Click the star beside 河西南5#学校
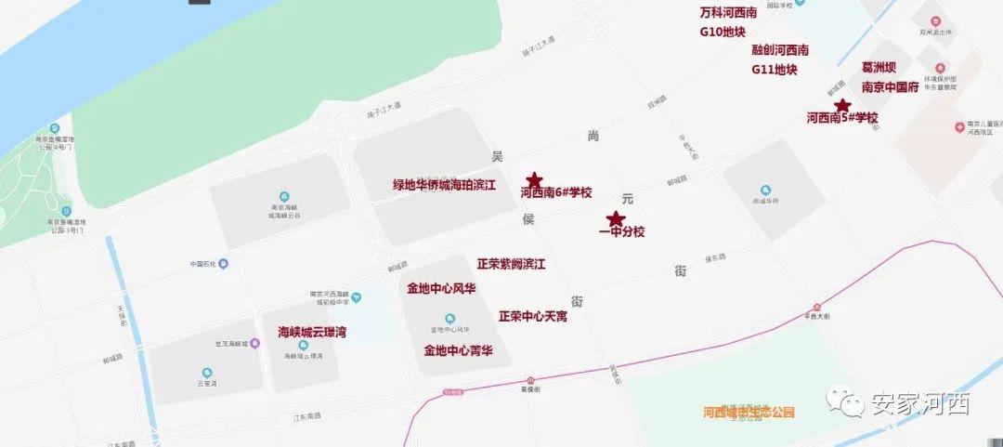(841, 106)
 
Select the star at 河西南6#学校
(534, 179)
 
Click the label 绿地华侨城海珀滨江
(444, 185)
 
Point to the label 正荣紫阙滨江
(511, 264)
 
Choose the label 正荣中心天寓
(533, 316)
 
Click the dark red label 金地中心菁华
(458, 350)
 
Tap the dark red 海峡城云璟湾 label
(312, 332)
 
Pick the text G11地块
(775, 69)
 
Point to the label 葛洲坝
(881, 68)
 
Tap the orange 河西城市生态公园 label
(749, 412)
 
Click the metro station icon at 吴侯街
(530, 381)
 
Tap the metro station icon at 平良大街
(817, 306)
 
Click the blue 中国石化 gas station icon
(223, 263)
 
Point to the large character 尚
(593, 136)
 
